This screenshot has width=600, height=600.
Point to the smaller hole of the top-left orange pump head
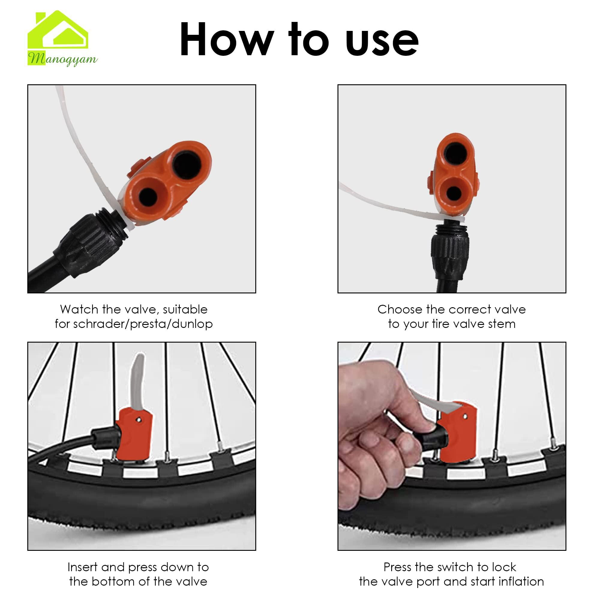148,195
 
